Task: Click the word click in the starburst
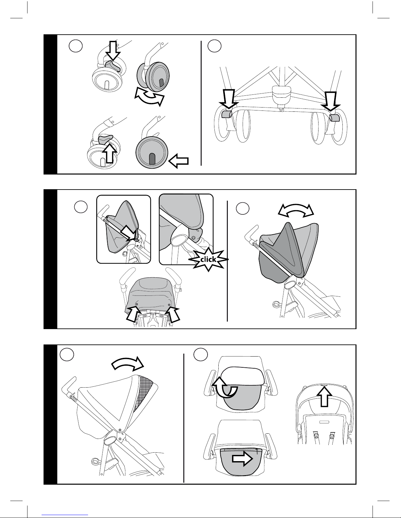click(x=208, y=259)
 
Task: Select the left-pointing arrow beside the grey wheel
click(x=178, y=161)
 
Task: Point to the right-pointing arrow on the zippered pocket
click(x=242, y=458)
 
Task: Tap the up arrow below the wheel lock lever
click(x=110, y=153)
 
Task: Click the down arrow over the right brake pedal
click(x=331, y=101)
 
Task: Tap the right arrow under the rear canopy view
click(x=172, y=313)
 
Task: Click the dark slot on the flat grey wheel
click(x=152, y=159)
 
